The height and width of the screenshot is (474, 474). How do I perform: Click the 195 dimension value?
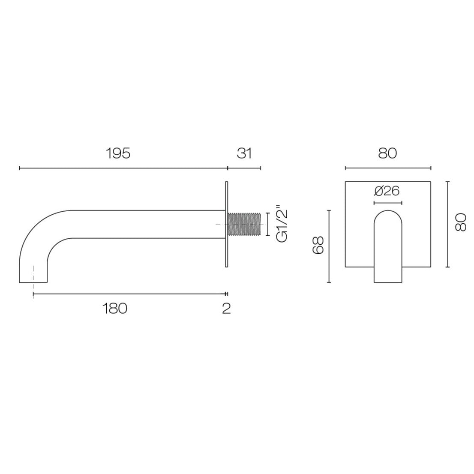coord(118,153)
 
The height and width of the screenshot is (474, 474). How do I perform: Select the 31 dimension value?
coord(244,153)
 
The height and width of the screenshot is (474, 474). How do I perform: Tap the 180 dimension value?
coord(115,308)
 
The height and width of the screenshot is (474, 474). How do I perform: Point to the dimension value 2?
coord(226,308)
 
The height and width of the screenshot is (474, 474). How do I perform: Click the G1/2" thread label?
coord(282,225)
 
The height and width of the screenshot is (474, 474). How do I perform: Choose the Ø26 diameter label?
coord(387,191)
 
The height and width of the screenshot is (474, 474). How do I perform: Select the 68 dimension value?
coord(318,246)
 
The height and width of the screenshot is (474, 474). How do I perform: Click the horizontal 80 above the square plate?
coord(387,153)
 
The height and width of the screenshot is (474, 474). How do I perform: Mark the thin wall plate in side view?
coord(226,224)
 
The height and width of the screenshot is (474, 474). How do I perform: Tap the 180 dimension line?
coord(129,294)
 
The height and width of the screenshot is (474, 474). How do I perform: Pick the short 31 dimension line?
coord(244,168)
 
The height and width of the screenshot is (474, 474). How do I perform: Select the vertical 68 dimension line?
coord(329,246)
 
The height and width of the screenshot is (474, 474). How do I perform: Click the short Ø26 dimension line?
coord(387,202)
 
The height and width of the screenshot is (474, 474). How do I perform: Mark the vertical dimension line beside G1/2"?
coord(268,224)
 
